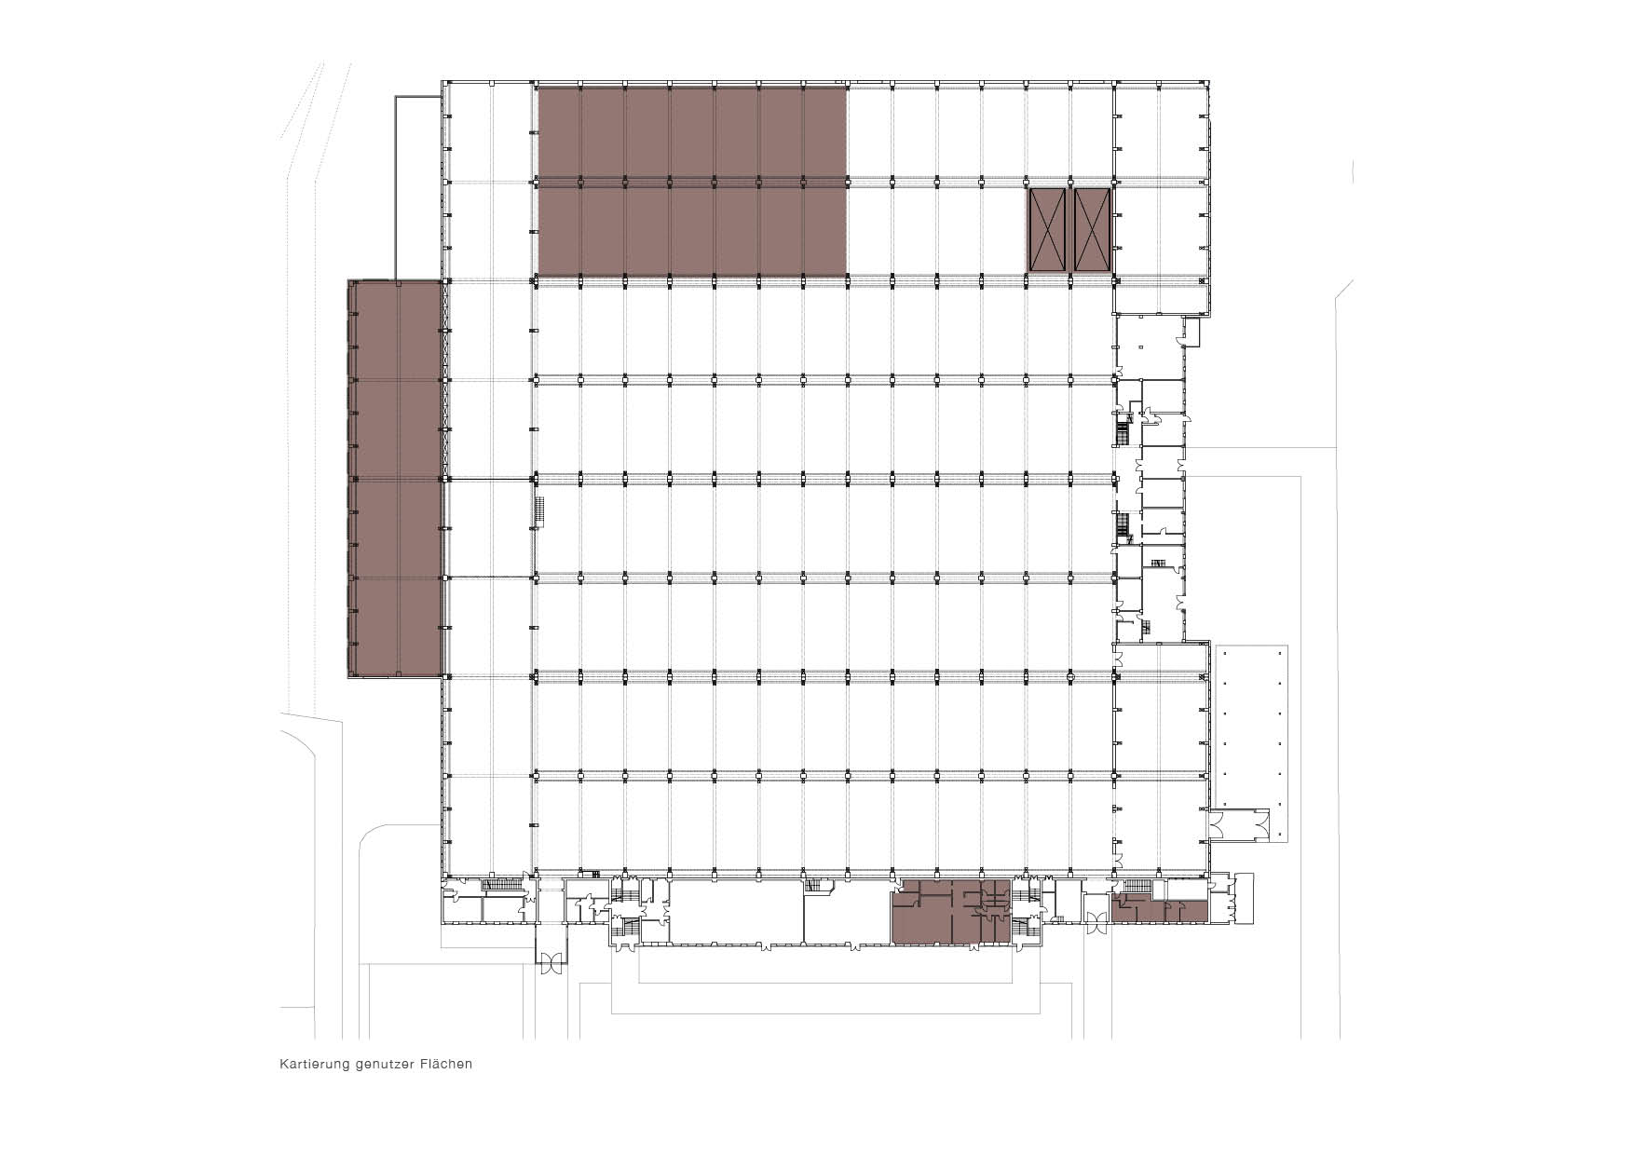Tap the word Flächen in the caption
445,1064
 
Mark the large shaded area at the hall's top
692,180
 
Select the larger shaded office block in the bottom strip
951,912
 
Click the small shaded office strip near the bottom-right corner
1159,907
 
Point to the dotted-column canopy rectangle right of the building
1251,741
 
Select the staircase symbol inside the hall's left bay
538,512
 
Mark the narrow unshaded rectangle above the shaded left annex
417,187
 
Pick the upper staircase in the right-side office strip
1123,431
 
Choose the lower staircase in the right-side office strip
1123,526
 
